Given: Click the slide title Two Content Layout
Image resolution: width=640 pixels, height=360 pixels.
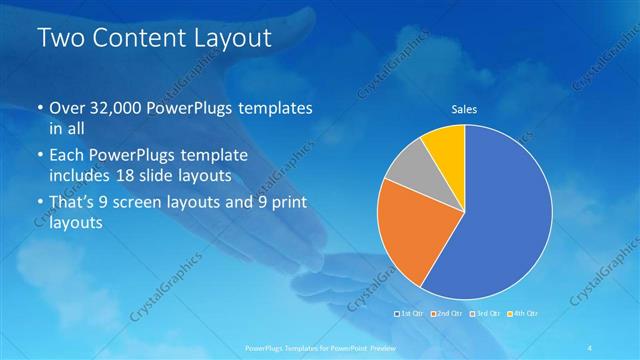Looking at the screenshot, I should (x=154, y=39).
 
